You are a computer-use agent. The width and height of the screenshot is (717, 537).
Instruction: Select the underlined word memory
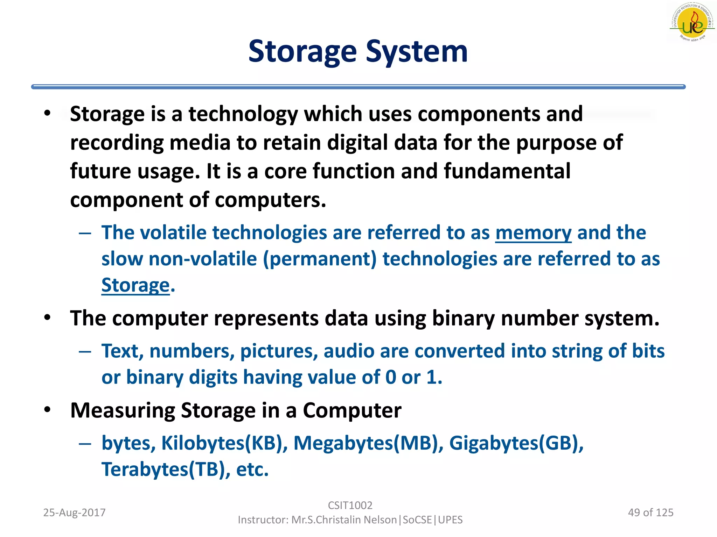533,233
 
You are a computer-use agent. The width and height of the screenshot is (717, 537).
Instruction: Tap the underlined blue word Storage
135,285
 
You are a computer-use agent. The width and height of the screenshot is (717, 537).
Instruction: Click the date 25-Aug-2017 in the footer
74,513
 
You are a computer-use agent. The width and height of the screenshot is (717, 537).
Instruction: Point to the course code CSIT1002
350,505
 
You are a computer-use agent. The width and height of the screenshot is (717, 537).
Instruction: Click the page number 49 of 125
650,513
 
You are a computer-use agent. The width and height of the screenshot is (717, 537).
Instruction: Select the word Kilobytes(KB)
224,443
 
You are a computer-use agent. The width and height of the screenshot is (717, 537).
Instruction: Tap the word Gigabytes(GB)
516,443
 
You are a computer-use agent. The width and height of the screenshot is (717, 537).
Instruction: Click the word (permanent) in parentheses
320,259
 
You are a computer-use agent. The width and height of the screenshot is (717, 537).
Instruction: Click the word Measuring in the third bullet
123,410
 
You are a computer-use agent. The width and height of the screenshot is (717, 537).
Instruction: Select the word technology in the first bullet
243,114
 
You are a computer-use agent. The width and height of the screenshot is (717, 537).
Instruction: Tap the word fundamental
507,171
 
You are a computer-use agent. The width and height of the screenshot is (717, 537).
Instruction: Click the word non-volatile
203,259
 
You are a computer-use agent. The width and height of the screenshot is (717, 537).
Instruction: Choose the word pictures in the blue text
279,351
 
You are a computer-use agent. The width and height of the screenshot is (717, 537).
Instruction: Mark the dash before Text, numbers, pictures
85,351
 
